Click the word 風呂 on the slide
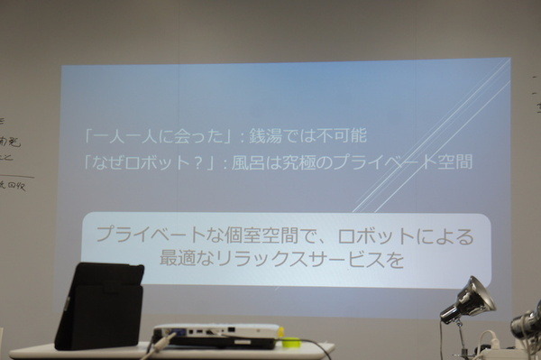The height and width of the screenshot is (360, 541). [x=248, y=163]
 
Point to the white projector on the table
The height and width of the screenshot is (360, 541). [x=216, y=335]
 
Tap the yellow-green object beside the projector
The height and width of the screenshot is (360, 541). [x=290, y=341]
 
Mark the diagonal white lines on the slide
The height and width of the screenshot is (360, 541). [x=433, y=135]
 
